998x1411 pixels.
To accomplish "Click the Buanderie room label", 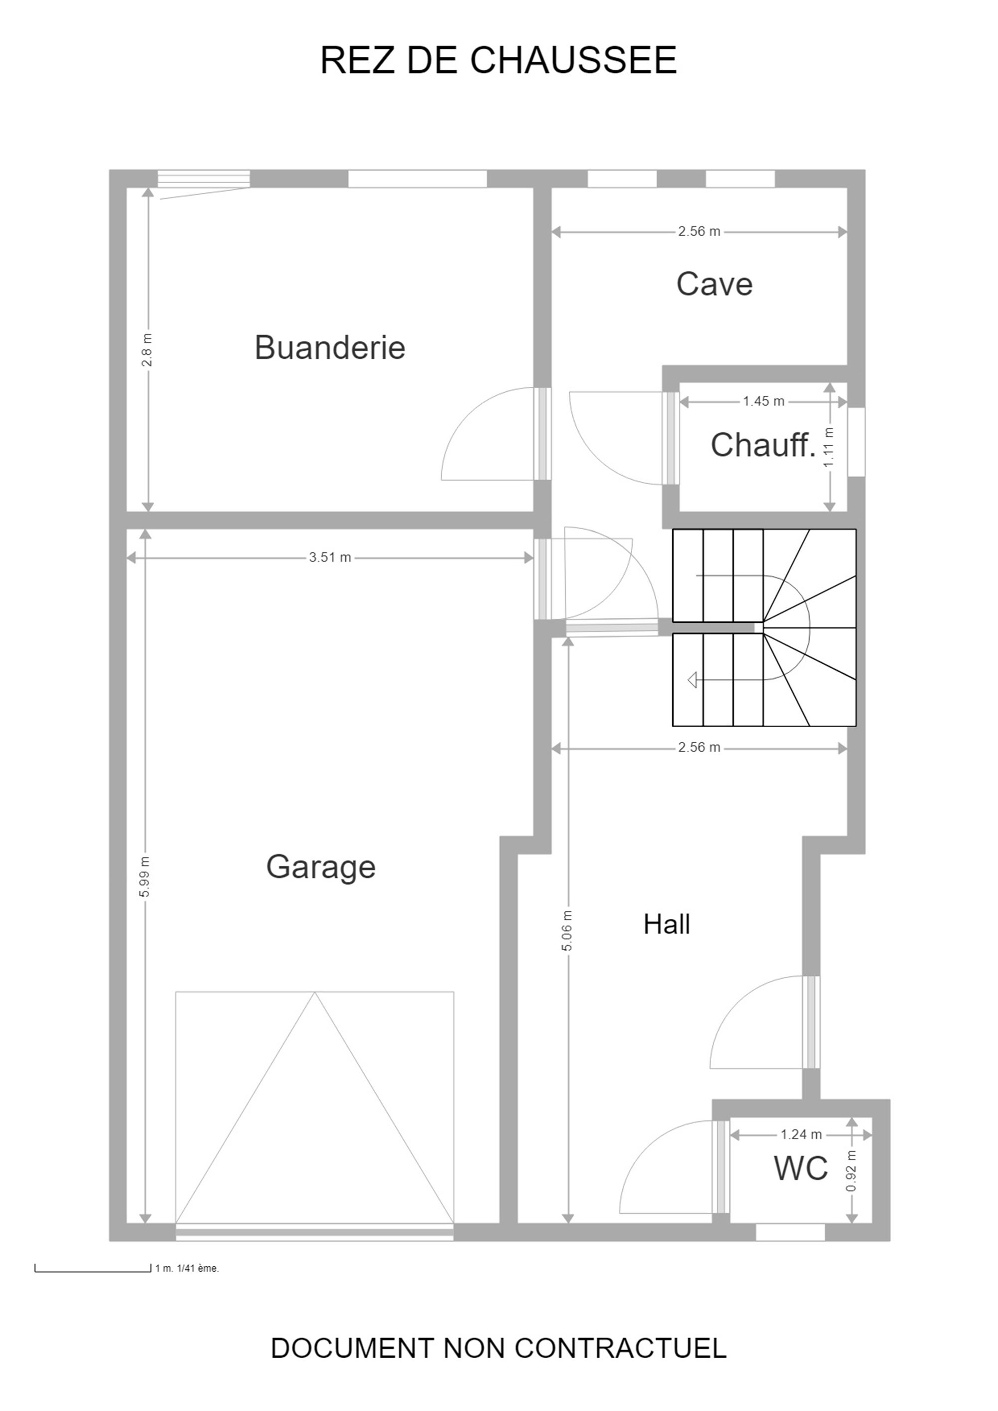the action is [330, 347].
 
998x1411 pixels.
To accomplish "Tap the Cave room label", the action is [715, 284].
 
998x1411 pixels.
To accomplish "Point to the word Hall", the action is [667, 941].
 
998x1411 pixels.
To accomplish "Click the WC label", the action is [801, 1168].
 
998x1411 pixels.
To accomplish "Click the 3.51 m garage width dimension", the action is [330, 558].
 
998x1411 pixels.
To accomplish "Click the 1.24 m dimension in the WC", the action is [801, 1134].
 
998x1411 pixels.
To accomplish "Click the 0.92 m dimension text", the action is [851, 1171].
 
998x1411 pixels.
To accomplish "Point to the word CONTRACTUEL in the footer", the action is [621, 1348].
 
